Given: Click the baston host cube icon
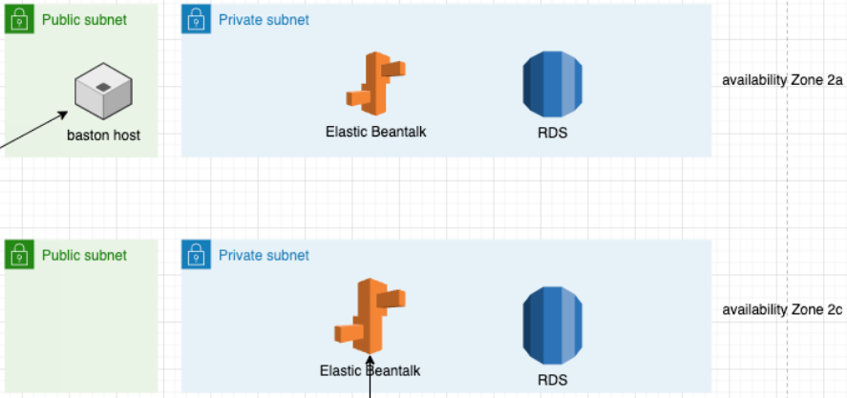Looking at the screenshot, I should (x=102, y=93).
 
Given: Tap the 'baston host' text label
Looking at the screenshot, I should (x=103, y=136).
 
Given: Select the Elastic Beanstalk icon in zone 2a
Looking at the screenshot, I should (x=375, y=83).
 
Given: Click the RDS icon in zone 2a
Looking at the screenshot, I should (x=552, y=83).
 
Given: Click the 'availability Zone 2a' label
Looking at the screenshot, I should (x=782, y=80).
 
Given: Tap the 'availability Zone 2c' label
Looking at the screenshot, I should (x=782, y=310).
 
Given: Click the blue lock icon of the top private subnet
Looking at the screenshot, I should (x=196, y=19).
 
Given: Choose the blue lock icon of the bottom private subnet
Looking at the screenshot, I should (x=196, y=255).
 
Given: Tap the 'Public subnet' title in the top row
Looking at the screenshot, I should (x=84, y=19).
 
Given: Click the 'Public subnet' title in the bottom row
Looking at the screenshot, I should (x=84, y=255).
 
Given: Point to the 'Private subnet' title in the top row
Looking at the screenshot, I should (x=264, y=19).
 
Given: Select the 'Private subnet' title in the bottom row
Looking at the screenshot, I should (x=264, y=255).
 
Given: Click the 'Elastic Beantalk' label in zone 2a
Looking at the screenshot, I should (x=375, y=132).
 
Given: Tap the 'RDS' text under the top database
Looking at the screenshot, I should (x=552, y=133).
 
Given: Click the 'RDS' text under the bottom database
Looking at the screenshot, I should (x=552, y=380).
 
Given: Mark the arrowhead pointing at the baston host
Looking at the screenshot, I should (x=65, y=113).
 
